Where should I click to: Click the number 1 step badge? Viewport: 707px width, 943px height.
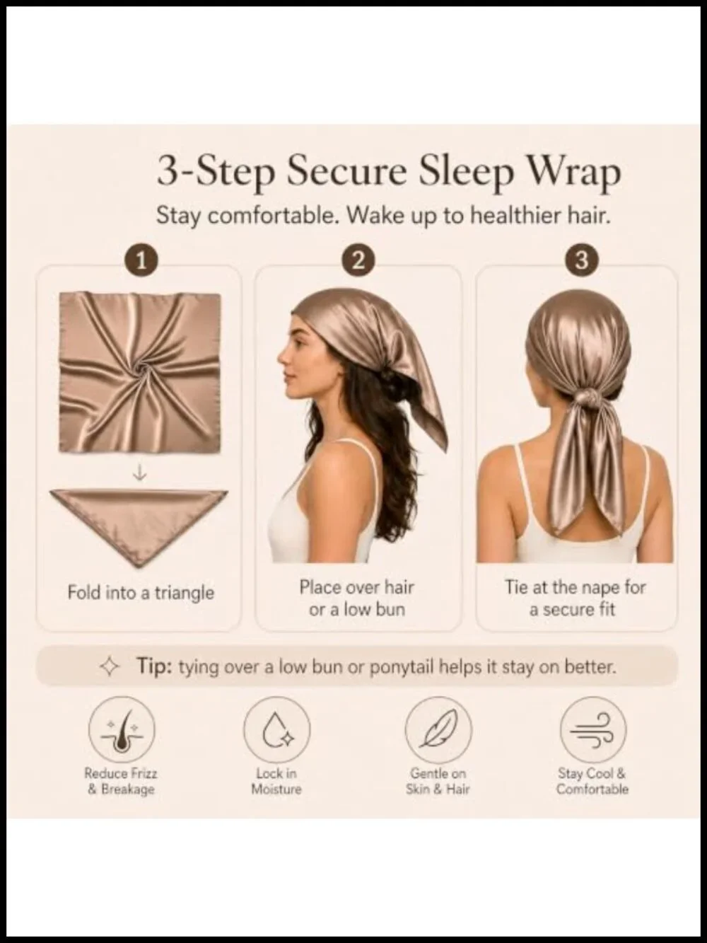click(x=141, y=261)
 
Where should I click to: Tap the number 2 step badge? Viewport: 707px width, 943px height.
click(x=358, y=261)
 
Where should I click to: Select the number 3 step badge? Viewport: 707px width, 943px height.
click(x=581, y=261)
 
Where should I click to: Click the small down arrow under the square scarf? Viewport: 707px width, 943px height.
click(x=139, y=473)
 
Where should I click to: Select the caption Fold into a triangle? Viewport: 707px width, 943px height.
click(x=141, y=593)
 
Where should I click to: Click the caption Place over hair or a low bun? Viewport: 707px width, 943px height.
click(x=356, y=598)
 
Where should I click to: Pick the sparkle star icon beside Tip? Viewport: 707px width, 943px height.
click(x=110, y=667)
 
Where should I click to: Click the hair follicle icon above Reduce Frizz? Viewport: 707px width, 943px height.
click(x=122, y=730)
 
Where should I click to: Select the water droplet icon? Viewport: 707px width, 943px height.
click(x=277, y=730)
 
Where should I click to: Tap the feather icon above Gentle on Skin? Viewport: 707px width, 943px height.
click(x=438, y=730)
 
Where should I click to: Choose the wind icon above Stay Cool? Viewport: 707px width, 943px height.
click(x=593, y=730)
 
